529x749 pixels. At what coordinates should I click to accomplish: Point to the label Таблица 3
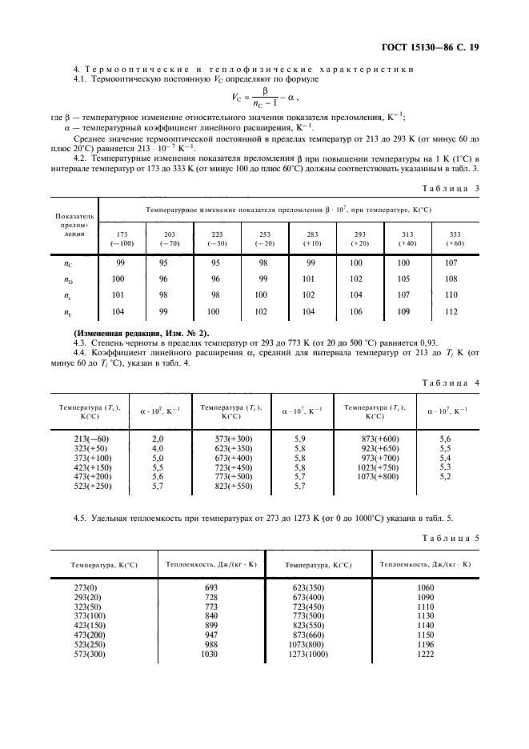click(x=450, y=188)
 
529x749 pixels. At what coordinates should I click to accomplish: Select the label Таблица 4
click(x=450, y=383)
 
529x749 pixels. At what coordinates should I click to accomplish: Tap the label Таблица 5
click(x=450, y=538)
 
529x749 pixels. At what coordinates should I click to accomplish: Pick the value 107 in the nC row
click(x=451, y=262)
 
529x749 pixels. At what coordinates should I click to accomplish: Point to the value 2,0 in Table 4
click(x=158, y=439)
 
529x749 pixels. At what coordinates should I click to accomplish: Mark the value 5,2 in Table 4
click(x=446, y=476)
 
